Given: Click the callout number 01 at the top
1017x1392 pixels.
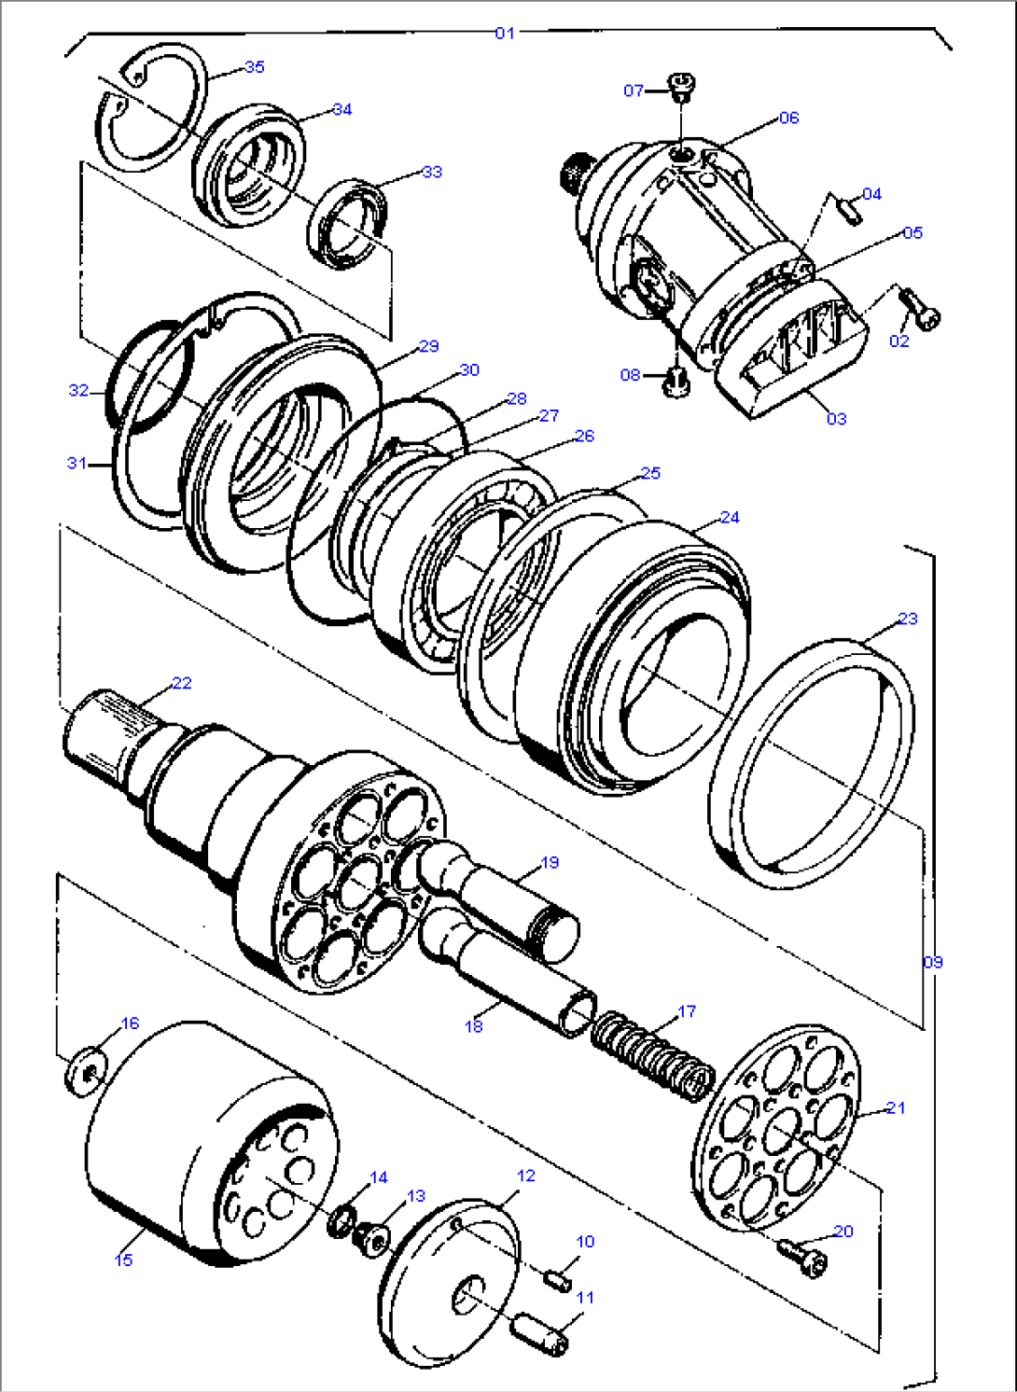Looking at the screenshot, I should coord(505,34).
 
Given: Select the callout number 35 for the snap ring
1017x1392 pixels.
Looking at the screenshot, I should coord(255,66).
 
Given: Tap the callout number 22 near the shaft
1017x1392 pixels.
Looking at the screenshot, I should coord(182,683).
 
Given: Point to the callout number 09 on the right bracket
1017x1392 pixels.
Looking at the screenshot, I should coord(933,962).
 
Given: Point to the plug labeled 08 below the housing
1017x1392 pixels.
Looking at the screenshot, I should coord(674,381).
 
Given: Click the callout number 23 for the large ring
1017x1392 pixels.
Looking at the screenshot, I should coord(908,619).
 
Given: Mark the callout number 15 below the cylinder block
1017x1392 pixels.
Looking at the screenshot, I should coord(124,1260).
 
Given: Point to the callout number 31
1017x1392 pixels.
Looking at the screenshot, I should coord(77,463).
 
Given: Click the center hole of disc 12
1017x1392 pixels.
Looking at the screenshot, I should coord(470,1294).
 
